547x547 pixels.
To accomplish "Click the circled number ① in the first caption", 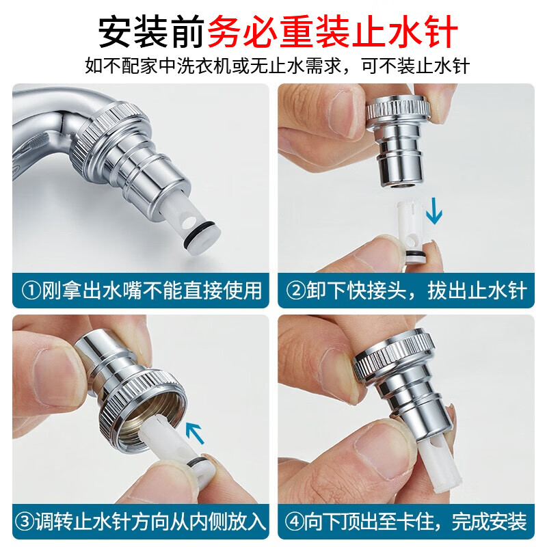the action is click(31, 290).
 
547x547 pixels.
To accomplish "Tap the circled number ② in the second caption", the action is click(296, 290).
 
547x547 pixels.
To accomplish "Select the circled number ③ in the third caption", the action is click(25, 522).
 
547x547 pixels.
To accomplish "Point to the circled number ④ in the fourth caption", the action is click(295, 522).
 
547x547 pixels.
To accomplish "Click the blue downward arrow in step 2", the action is click(434, 211).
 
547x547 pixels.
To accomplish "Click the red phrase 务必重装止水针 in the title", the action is click(332, 31).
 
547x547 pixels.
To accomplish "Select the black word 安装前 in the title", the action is click(151, 31).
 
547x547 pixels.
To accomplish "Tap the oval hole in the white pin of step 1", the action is click(190, 220).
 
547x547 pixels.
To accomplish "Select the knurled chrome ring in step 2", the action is click(398, 111).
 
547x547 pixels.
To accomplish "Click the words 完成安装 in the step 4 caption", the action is click(489, 522).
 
